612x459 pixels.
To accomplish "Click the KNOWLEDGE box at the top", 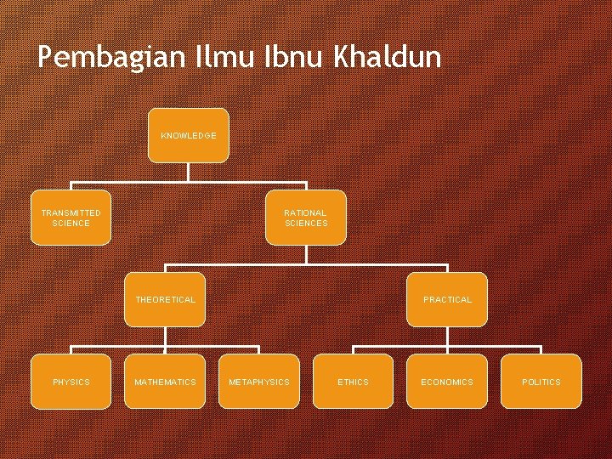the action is pos(188,135).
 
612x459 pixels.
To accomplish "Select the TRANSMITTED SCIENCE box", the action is pos(71,218).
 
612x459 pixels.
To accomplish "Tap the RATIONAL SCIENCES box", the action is pos(305,218).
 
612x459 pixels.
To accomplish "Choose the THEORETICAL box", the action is pos(165,299).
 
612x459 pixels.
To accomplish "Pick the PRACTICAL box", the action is pos(447,299).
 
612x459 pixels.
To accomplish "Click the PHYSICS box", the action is pos(71,382).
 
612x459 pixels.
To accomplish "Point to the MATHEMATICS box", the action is pos(165,382).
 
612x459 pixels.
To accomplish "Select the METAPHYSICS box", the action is pos(258,382).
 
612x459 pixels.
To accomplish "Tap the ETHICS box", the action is pos(353,382).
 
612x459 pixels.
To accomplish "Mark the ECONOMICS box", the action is pos(447,382).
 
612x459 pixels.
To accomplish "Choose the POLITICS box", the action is pos(541,382).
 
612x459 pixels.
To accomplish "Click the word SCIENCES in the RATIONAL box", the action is pos(306,224).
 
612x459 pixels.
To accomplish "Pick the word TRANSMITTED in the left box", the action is pos(71,212).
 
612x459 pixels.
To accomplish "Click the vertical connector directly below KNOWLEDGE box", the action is pos(188,172).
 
